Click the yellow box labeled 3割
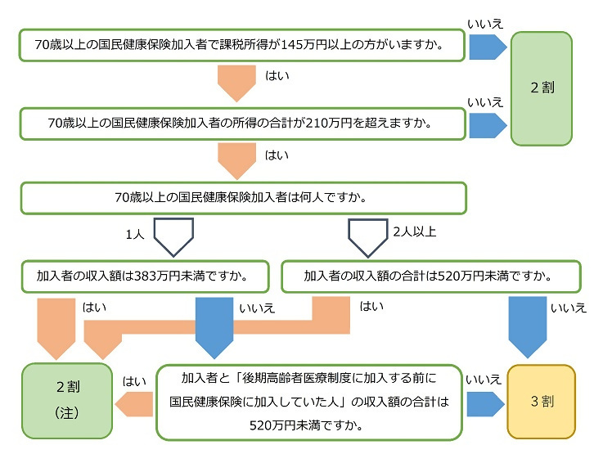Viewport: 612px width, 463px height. pos(541,402)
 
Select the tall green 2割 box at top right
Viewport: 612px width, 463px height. pos(541,88)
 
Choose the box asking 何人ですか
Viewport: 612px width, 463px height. pos(243,198)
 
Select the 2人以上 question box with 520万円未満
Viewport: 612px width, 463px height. pos(430,276)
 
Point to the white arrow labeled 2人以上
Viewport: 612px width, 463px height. pos(368,235)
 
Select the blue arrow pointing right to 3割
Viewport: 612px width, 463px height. pos(485,402)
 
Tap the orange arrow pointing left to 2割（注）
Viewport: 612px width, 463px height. pos(135,402)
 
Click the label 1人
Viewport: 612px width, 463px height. pos(134,234)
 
